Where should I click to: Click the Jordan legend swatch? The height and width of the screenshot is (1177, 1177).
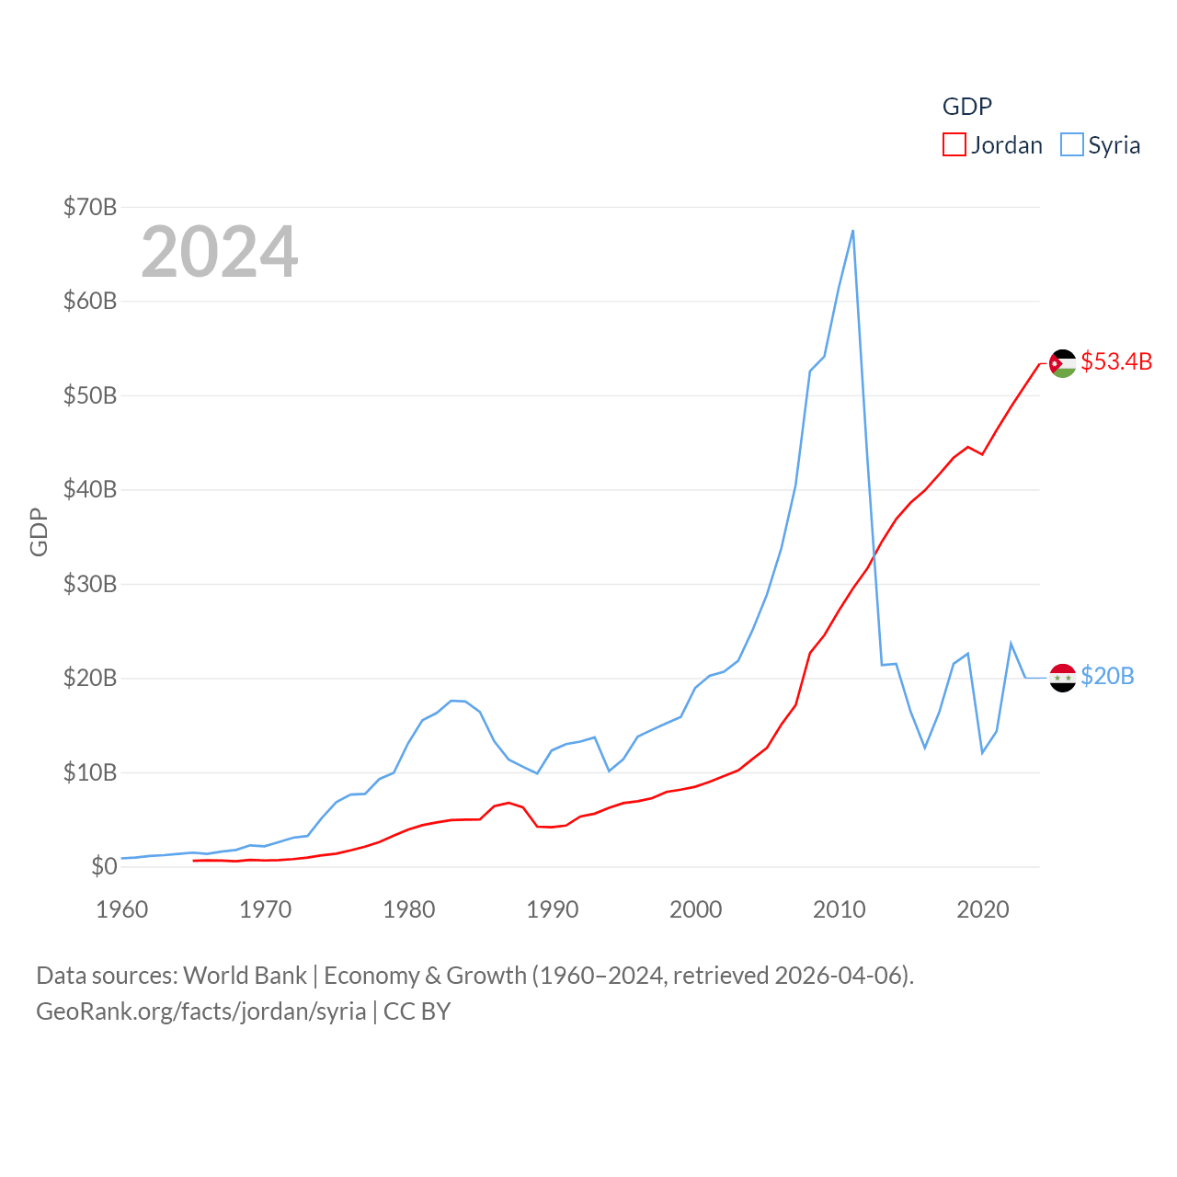point(954,145)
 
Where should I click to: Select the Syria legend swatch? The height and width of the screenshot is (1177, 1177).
point(1072,145)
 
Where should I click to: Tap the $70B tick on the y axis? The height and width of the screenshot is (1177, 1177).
point(90,207)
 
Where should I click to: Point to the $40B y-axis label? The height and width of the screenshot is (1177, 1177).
point(90,489)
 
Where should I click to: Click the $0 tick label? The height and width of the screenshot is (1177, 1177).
point(104,866)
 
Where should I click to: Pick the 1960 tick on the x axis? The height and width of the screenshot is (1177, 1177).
point(122,909)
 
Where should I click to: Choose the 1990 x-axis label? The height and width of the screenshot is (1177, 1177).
point(553,909)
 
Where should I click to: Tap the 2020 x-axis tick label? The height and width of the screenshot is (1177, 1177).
point(983,909)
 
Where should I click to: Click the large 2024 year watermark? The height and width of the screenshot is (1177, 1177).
point(220,252)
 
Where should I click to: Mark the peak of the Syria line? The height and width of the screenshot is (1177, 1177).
point(853,231)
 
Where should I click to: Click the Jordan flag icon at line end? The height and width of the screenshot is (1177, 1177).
point(1063,363)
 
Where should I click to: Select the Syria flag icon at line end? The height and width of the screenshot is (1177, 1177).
point(1063,678)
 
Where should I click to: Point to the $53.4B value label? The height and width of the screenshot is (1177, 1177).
point(1116,361)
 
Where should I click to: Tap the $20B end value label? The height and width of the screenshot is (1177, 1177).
point(1107,676)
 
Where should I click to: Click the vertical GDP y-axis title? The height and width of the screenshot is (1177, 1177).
point(39,531)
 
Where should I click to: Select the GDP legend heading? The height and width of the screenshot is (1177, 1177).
point(967,107)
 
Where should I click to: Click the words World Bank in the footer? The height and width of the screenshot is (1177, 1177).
point(245,975)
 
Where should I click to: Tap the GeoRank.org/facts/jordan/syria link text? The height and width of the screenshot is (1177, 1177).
point(201,1011)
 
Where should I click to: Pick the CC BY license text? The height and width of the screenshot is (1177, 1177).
point(417,1011)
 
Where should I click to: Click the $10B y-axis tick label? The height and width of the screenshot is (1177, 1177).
point(90,772)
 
